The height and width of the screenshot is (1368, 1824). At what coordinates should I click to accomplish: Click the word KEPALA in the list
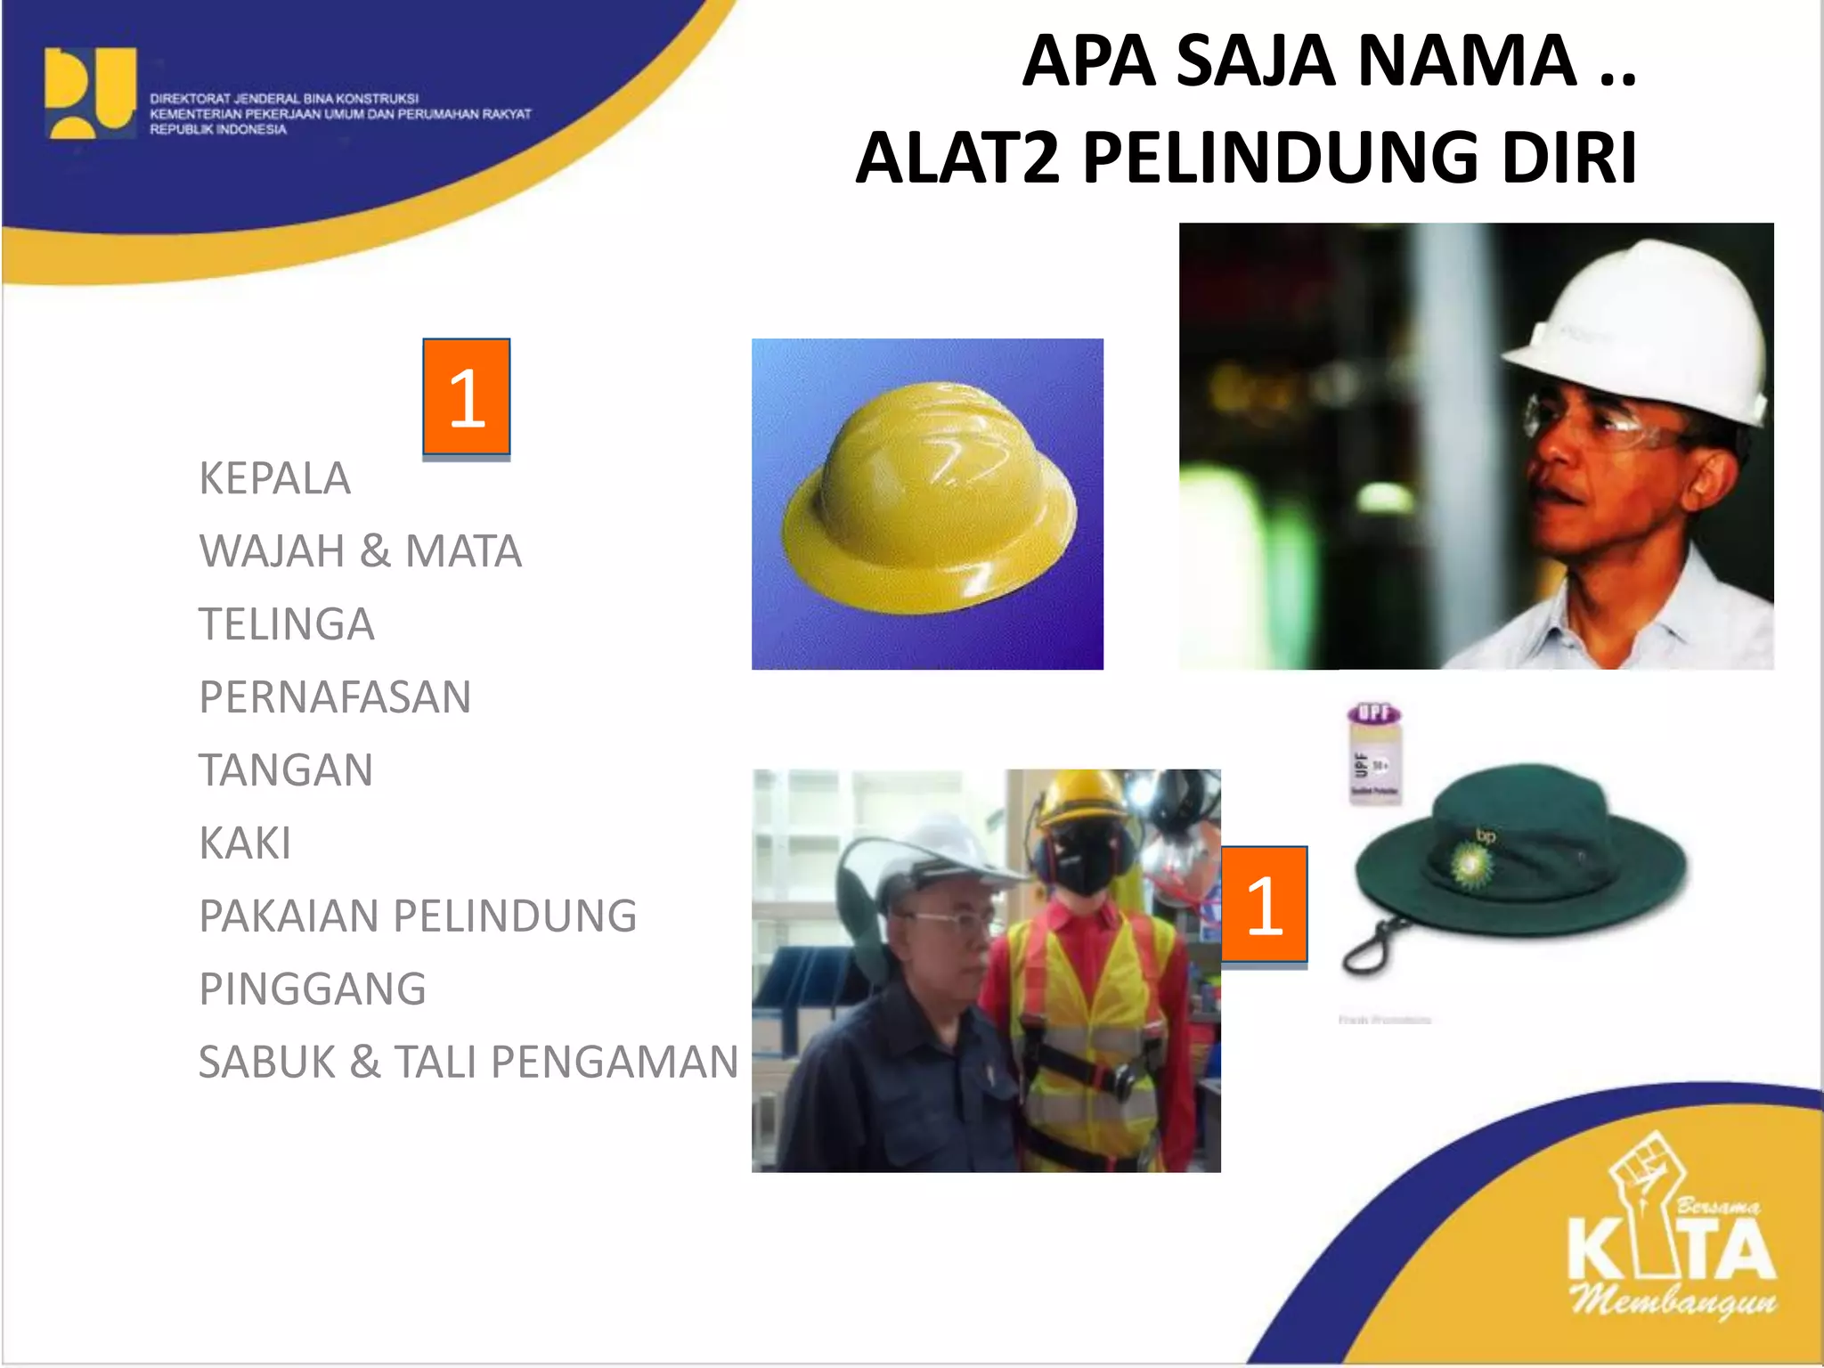pyautogui.click(x=274, y=478)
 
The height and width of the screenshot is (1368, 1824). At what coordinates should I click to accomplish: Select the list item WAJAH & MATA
pyautogui.click(x=360, y=551)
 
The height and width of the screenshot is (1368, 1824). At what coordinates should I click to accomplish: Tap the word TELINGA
pyautogui.click(x=286, y=624)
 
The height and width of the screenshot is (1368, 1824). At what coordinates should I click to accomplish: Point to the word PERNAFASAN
pyautogui.click(x=335, y=697)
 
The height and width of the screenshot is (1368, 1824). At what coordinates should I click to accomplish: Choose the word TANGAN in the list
pyautogui.click(x=286, y=770)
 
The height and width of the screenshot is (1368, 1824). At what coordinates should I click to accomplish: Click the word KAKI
pyautogui.click(x=245, y=843)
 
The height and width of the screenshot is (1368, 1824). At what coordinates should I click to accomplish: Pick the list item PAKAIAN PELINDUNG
pyautogui.click(x=418, y=916)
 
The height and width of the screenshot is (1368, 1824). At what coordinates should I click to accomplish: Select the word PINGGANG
pyautogui.click(x=313, y=989)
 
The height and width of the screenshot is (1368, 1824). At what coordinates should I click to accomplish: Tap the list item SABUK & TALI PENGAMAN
pyautogui.click(x=468, y=1063)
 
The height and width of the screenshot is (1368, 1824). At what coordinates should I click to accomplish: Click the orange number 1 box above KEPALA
pyautogui.click(x=466, y=397)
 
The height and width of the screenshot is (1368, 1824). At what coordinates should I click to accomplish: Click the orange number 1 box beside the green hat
pyautogui.click(x=1264, y=905)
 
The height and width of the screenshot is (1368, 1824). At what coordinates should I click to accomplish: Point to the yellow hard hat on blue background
pyautogui.click(x=929, y=500)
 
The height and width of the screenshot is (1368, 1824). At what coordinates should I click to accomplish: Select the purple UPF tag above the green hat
pyautogui.click(x=1374, y=753)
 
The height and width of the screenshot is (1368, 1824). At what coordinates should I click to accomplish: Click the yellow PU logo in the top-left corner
pyautogui.click(x=90, y=93)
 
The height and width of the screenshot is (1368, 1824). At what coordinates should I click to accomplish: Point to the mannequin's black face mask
pyautogui.click(x=1083, y=864)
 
